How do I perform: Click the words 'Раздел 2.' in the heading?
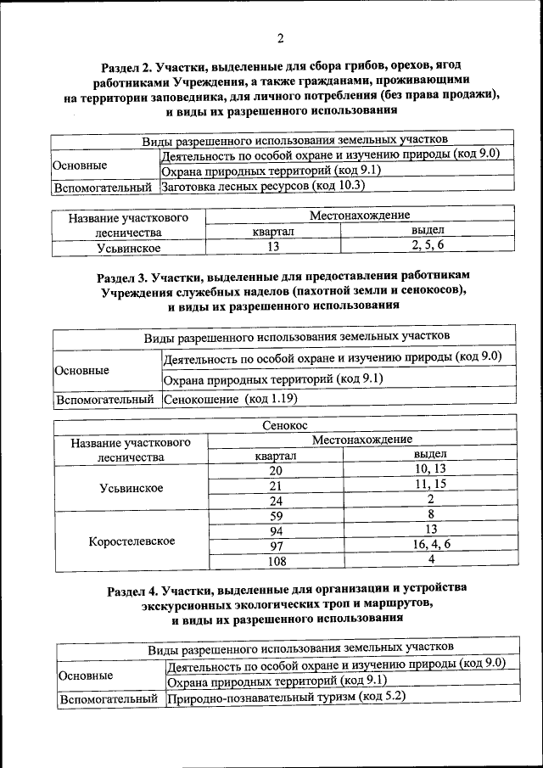(x=129, y=65)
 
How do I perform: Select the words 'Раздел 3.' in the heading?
(x=126, y=277)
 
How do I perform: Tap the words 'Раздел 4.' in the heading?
(x=136, y=587)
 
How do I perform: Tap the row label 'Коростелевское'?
(x=132, y=541)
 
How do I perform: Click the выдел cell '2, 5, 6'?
(x=428, y=246)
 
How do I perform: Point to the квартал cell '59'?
(x=276, y=516)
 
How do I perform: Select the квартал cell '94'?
(x=276, y=530)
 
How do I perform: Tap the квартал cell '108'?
(x=276, y=561)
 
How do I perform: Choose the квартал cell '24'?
(x=276, y=501)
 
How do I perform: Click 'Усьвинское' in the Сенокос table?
(x=132, y=488)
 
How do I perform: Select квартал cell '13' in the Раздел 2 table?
(x=272, y=247)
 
